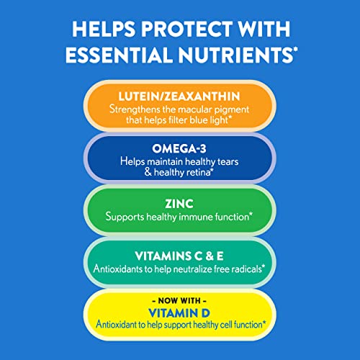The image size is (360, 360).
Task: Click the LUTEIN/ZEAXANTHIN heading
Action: point(180,96)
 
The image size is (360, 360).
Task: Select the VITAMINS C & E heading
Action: point(180,253)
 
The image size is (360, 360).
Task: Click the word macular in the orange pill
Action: point(197,108)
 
